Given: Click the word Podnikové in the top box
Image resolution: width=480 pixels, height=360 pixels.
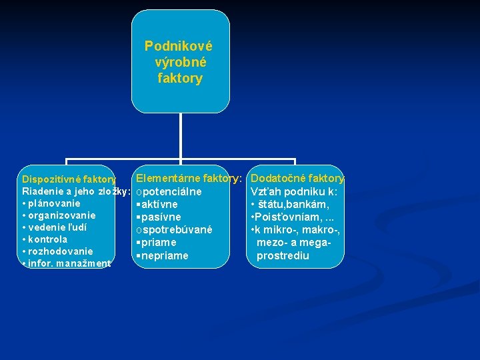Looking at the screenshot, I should pos(179,47).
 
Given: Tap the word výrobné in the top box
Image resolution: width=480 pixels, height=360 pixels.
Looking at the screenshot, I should pos(180,63).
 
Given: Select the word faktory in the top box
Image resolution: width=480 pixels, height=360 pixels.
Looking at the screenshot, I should pos(180,79).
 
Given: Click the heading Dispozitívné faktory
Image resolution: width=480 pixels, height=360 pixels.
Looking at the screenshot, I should pos(69,179).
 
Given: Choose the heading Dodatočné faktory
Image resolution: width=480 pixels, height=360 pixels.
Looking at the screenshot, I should pos(297,179).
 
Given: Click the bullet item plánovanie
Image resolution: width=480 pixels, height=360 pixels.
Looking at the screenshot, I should pos(53,203).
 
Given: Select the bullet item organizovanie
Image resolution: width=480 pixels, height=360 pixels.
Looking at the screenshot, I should pos(61,215).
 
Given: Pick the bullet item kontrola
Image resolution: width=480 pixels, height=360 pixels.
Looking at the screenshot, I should pos(47,239).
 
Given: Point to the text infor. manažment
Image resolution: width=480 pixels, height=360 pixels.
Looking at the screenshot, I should pos(69,263).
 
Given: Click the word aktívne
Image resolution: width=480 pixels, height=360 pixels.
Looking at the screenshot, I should pos(159,205).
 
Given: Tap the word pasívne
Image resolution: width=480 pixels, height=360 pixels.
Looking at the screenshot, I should pos(161,217).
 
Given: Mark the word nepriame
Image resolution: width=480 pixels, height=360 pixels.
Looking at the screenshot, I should pos(165,256).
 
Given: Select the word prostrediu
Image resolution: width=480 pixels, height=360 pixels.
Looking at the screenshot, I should pos(283,256).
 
